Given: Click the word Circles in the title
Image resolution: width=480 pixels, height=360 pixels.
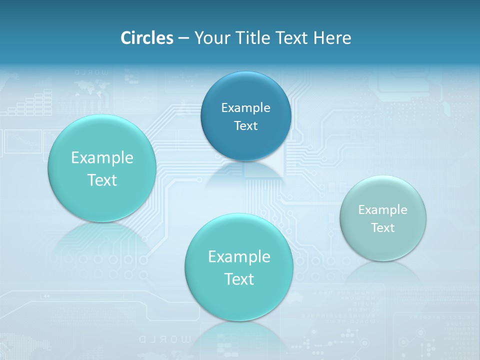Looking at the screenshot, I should coord(146,38).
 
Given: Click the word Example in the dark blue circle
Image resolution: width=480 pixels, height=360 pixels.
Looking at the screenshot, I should coord(245,108).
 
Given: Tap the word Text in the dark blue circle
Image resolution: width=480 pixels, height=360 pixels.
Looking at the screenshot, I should coord(245,126).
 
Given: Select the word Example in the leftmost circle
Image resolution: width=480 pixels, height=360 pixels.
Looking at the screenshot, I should coord(102,158).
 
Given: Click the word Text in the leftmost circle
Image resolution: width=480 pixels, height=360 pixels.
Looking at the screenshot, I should coord(102,180).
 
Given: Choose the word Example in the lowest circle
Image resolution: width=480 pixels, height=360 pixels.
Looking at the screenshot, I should coord(239,257).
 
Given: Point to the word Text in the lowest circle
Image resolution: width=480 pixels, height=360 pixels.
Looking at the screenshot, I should coord(239,279).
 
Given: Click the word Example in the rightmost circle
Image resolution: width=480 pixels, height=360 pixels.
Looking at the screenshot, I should coord(382,210).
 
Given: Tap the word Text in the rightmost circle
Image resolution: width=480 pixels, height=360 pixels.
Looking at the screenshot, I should coord(383,228).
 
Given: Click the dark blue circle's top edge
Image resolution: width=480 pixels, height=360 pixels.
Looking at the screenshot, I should coord(245,72).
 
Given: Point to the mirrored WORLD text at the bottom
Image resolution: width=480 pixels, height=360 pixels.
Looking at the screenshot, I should coord(164,339).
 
